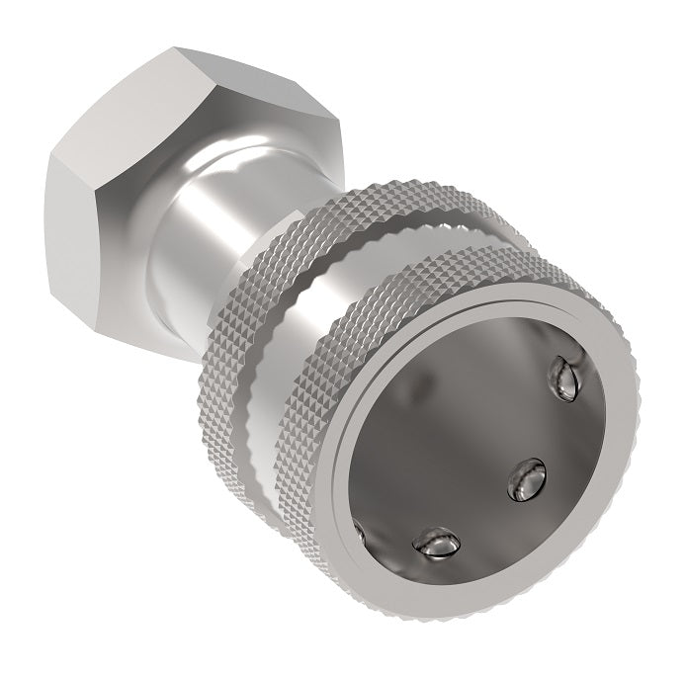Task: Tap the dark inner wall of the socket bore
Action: point(465,415)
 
